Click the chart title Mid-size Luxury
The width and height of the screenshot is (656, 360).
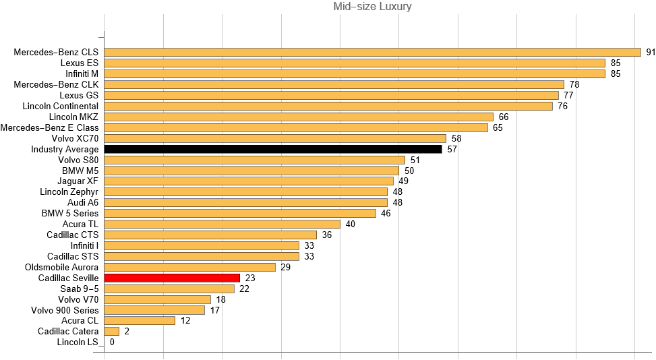coord(372,7)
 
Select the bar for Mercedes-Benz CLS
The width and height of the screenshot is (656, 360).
coord(372,52)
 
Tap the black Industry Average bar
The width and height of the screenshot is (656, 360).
coord(273,149)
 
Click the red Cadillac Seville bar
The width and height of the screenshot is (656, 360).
coord(172,278)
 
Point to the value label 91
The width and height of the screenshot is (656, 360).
coord(651,52)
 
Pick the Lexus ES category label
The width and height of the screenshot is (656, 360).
coord(80,63)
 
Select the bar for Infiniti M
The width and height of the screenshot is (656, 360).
coord(355,73)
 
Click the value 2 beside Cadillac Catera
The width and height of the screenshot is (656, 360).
coord(127,332)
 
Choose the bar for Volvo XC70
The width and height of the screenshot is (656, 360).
coord(275,138)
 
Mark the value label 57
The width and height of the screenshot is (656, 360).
coord(452,149)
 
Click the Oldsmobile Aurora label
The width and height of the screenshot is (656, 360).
coord(62,267)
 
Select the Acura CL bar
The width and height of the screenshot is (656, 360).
coord(140,321)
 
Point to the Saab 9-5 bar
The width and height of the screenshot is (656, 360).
coord(169,289)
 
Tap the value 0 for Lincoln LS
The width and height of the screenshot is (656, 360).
coord(112,342)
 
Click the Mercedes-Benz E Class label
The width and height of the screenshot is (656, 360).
coord(50,127)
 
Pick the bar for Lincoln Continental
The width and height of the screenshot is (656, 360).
coord(328,106)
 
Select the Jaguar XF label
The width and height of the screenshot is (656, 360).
coord(79,181)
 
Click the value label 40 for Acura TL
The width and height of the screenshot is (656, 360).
coord(351,224)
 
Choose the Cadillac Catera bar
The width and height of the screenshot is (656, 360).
coord(112,332)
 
